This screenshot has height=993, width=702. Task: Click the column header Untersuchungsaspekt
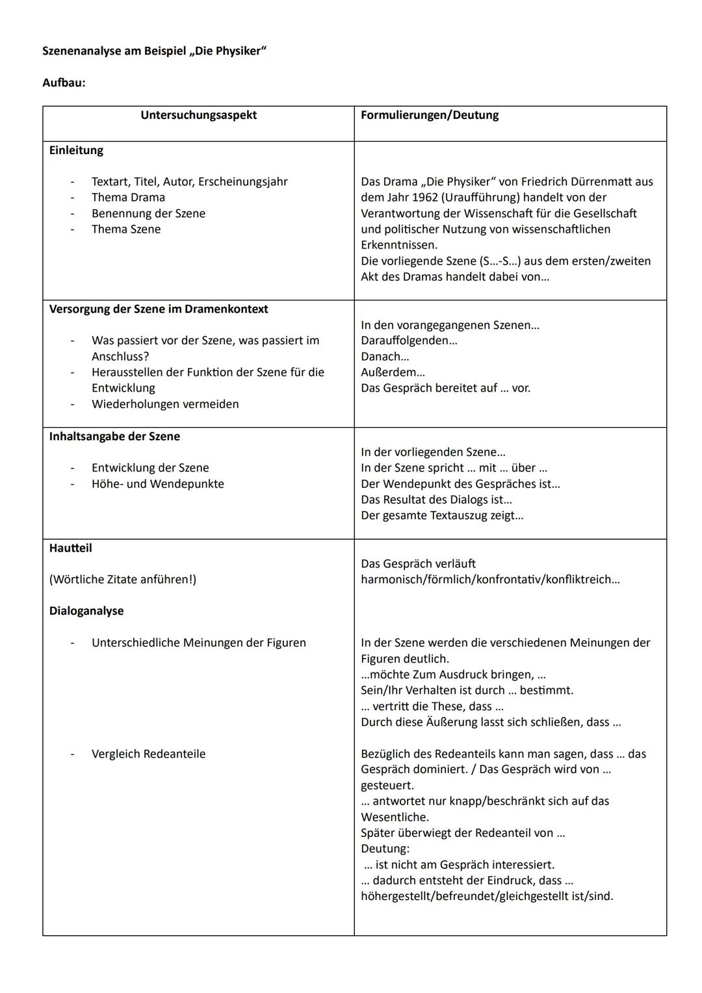click(198, 115)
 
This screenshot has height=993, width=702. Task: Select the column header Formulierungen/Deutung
click(430, 115)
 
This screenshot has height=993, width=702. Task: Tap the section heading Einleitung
click(76, 150)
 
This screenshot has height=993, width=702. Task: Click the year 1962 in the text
click(425, 198)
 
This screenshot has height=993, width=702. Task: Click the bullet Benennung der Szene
click(148, 213)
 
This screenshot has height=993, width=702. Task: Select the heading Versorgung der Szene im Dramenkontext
click(158, 309)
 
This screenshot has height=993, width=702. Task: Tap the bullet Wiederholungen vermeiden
click(165, 404)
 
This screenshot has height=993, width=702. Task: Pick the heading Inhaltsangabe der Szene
click(114, 436)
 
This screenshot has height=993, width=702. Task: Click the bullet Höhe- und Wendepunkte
click(157, 484)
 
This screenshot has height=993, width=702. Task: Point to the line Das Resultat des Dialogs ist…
click(436, 499)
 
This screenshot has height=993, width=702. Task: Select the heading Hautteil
click(70, 548)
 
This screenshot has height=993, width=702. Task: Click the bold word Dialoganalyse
click(86, 611)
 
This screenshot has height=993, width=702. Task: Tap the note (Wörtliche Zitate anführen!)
click(122, 579)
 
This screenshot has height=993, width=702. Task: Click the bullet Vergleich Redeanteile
click(148, 754)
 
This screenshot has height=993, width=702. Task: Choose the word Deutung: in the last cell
click(385, 849)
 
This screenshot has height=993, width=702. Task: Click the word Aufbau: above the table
click(64, 83)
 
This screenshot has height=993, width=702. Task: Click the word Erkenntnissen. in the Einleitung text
click(399, 245)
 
